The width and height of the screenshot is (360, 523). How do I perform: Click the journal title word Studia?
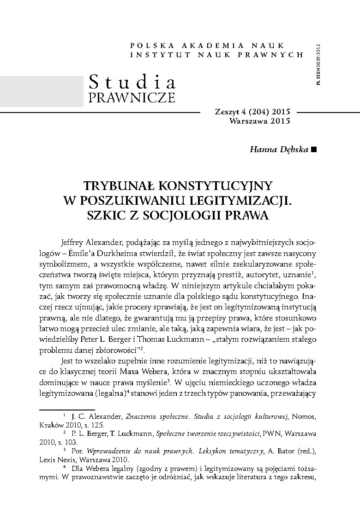pyautogui.click(x=132, y=82)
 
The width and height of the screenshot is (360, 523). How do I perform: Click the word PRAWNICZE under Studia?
pyautogui.click(x=132, y=98)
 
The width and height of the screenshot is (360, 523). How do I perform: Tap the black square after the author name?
pyautogui.click(x=314, y=149)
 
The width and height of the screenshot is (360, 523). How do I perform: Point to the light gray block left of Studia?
pyautogui.click(x=42, y=90)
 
